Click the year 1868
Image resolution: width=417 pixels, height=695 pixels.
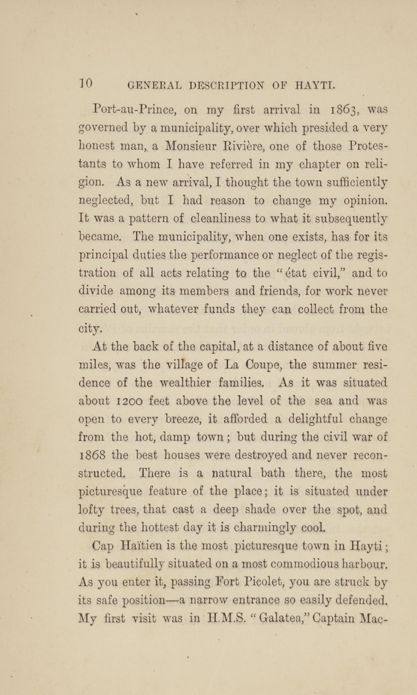(x=92, y=455)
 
